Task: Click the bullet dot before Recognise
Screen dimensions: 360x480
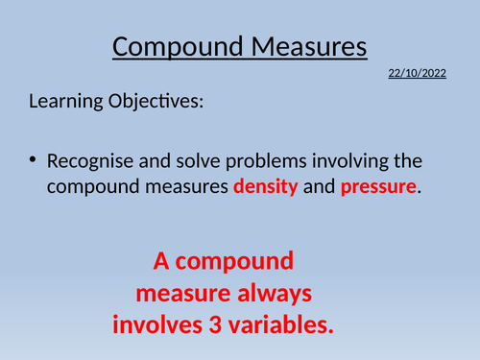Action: pos(32,159)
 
